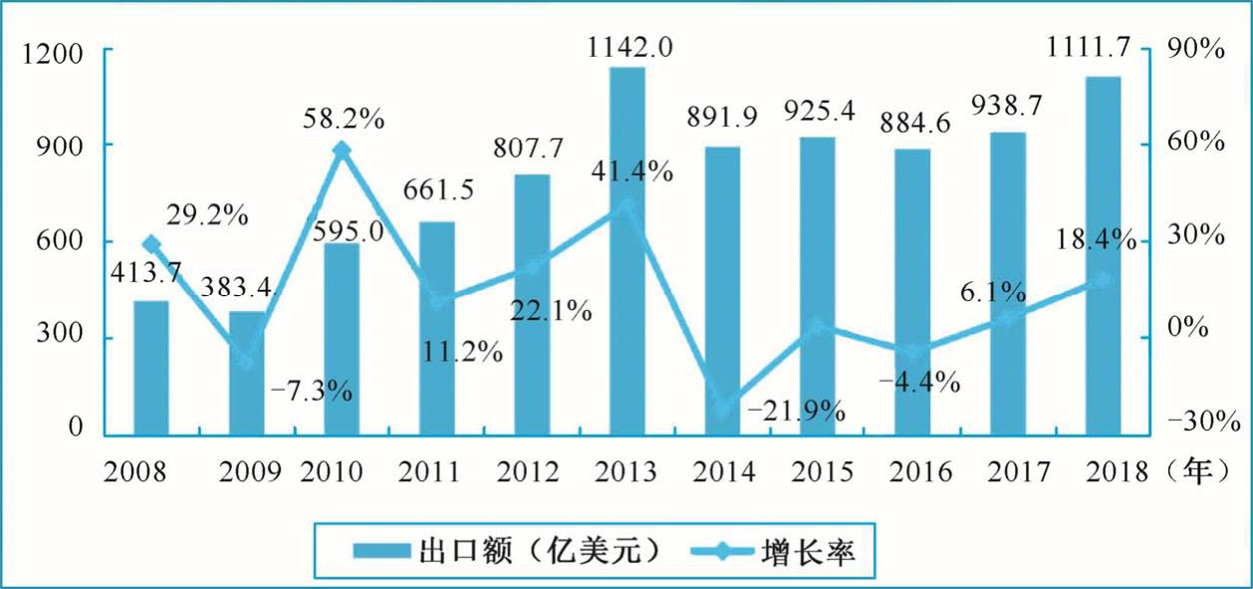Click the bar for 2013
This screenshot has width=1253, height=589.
tap(627, 251)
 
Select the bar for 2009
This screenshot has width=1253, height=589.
tap(247, 373)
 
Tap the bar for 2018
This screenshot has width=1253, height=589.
tap(1103, 256)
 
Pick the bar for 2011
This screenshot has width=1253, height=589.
tap(437, 328)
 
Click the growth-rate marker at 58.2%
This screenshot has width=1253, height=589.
tap(342, 150)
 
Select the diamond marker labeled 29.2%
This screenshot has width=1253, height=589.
tap(151, 243)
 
